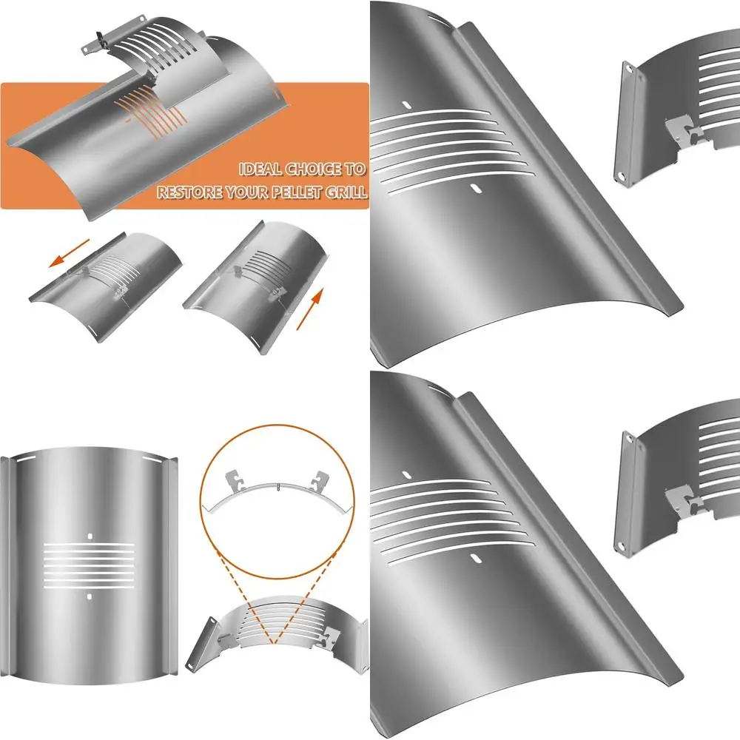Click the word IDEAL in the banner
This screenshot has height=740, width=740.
pos(260,169)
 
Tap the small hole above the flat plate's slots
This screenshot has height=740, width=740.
pos(90,534)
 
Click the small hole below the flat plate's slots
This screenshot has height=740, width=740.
pos(90,596)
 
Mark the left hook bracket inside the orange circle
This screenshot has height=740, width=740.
pos(236,482)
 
